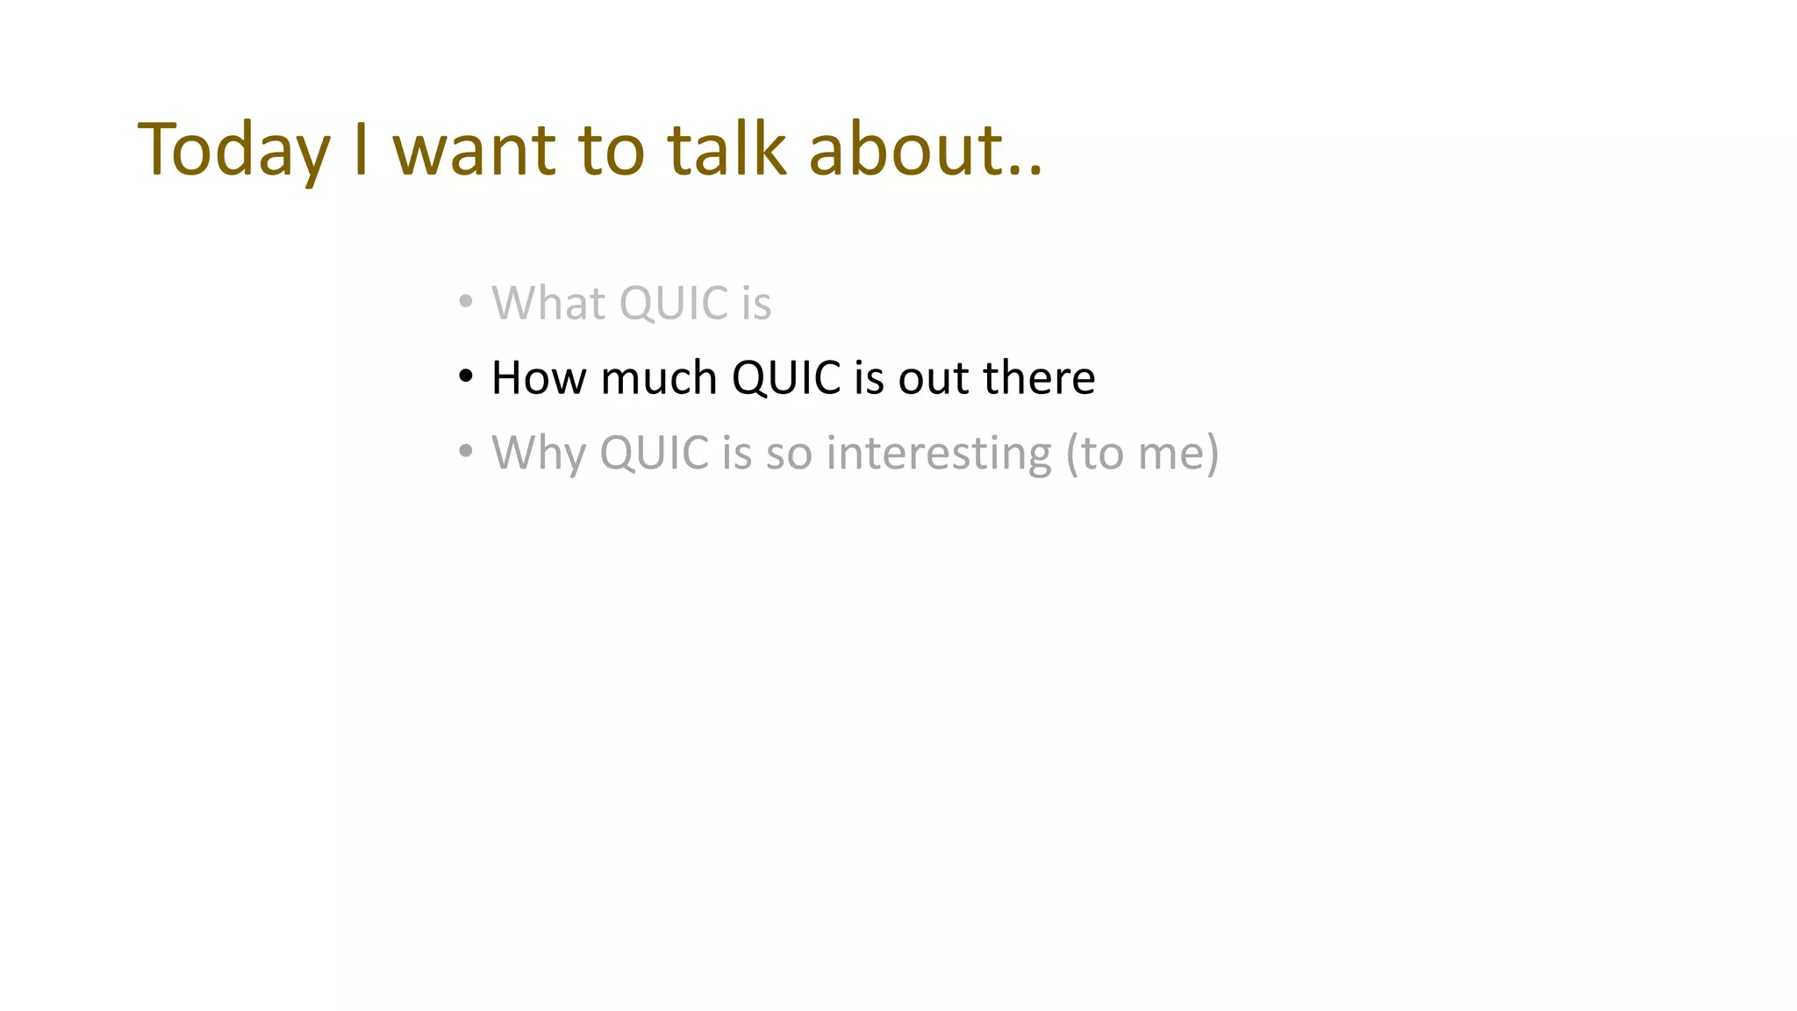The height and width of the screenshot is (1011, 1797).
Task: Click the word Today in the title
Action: coord(233,150)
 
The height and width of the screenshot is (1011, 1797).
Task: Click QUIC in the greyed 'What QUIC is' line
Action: coord(674,304)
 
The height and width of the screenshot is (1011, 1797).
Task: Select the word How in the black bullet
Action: coord(538,378)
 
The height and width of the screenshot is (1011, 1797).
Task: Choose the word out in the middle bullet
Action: coord(934,378)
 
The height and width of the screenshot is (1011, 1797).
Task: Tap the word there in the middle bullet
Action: coord(1039,378)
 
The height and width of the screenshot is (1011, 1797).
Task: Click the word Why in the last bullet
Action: coord(539,454)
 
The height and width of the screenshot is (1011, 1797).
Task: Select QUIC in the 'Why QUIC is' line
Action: coord(654,454)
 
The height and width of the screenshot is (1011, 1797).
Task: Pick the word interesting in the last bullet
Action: coord(939,454)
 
